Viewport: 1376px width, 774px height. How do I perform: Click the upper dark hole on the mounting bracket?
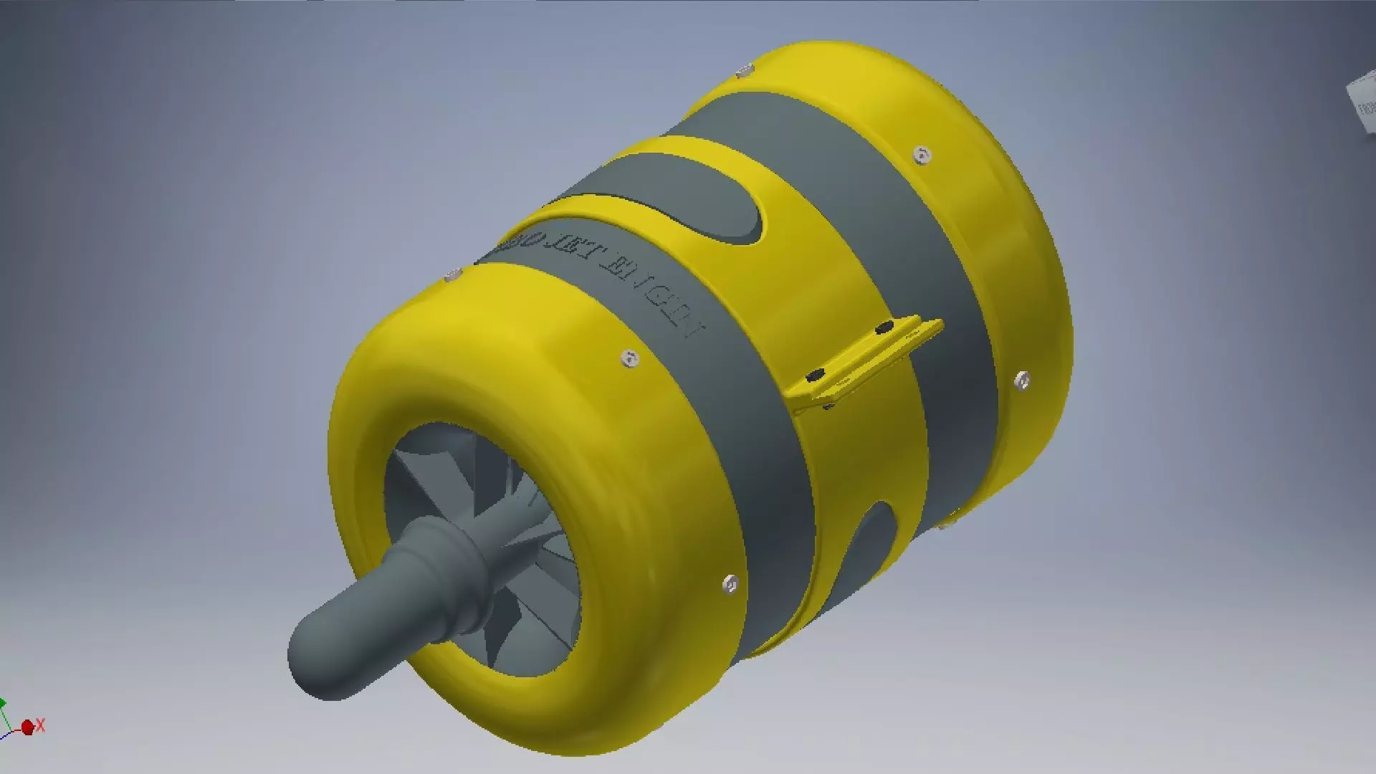[x=884, y=328]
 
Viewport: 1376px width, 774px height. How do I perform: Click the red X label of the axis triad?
[x=41, y=725]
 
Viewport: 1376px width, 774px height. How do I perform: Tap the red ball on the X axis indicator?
[x=28, y=728]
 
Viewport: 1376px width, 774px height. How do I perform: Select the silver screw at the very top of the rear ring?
[x=745, y=70]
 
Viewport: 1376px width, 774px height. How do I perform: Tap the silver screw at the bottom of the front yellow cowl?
[x=730, y=585]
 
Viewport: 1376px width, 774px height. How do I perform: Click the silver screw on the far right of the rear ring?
[x=1023, y=380]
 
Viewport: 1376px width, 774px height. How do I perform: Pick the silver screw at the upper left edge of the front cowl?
[x=451, y=274]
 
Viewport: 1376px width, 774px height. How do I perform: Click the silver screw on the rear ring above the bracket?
[x=922, y=155]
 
